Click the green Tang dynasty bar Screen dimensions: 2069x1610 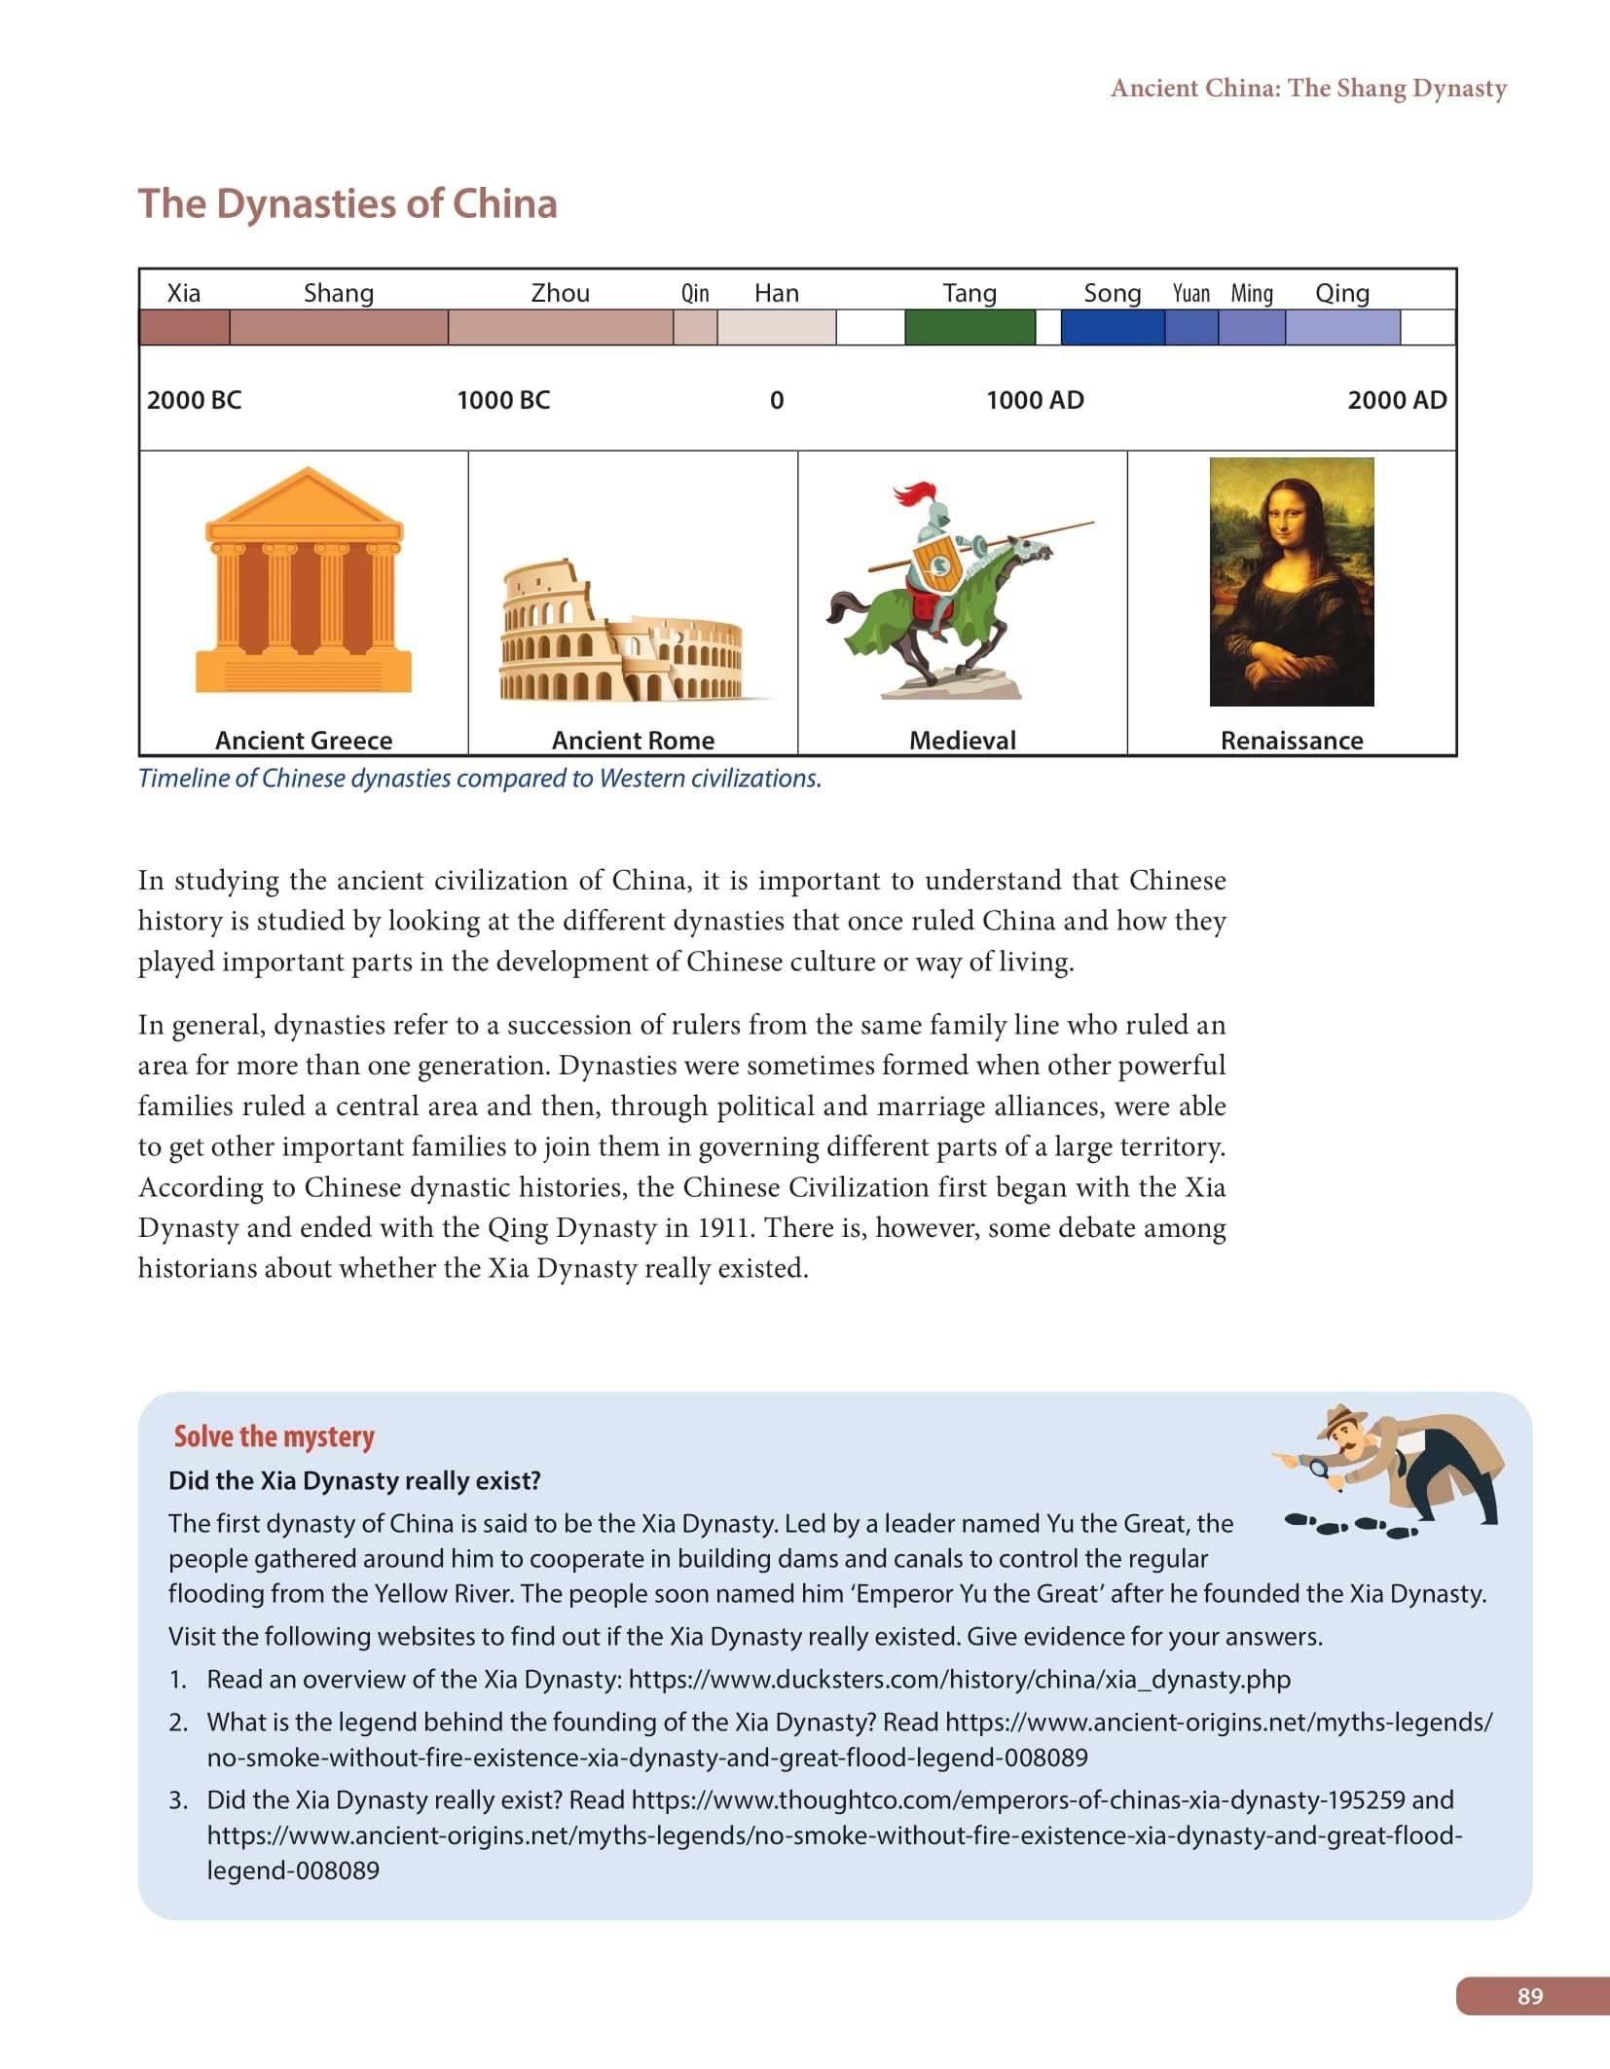[970, 327]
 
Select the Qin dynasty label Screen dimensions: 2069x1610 [695, 293]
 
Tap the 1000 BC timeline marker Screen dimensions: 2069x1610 [503, 400]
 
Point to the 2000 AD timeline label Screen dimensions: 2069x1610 [1396, 400]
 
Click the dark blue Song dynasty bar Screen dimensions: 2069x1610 [1112, 327]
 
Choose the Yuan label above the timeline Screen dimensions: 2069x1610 [1190, 293]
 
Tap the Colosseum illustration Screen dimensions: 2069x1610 [623, 633]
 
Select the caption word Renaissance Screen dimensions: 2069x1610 [1292, 741]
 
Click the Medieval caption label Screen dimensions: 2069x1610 [962, 741]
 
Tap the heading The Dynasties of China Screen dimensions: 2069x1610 [348, 203]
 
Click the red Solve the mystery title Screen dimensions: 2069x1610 [274, 1436]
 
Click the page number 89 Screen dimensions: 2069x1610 [1529, 1996]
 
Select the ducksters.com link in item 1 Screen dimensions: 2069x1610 [959, 1679]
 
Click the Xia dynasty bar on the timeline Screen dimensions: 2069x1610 [184, 327]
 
